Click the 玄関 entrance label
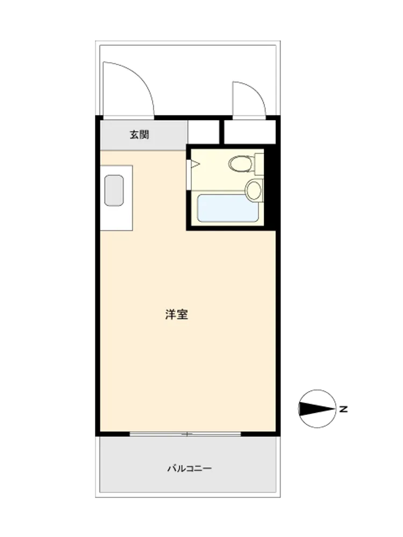pos(140,135)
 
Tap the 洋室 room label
pos(176,314)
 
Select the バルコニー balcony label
pos(190,468)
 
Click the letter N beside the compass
pos(343,409)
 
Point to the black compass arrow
pos(317,409)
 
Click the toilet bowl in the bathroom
pos(240,164)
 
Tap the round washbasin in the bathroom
pos(254,191)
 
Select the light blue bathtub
pos(228,208)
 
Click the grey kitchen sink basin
pos(114,191)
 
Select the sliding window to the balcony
pos(185,434)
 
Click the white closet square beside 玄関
pos(204,132)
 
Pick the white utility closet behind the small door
pos(250,132)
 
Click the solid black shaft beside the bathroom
pos(270,187)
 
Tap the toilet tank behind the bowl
pos(259,163)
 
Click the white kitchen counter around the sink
pos(117,198)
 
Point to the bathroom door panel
pos(189,175)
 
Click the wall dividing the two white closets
pos(221,132)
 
